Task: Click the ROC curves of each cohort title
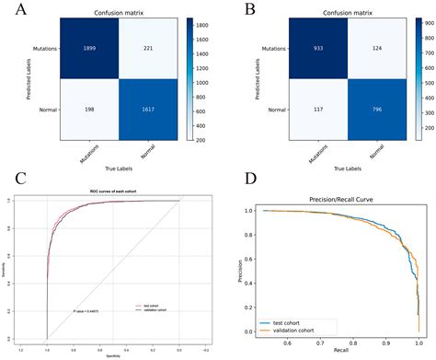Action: click(x=113, y=191)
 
